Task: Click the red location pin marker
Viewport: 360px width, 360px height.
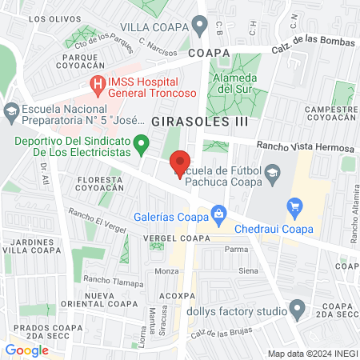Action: pos(182,163)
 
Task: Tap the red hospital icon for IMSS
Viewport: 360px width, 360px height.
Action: pos(98,82)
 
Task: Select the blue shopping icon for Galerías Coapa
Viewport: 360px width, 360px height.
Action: pos(217,212)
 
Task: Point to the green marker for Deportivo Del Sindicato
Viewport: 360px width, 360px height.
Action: pos(142,145)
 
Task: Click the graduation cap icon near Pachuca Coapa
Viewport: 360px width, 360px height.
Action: pos(273,172)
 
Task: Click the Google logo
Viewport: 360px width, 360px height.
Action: pos(26,350)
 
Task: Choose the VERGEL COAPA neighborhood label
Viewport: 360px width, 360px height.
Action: pos(176,238)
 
